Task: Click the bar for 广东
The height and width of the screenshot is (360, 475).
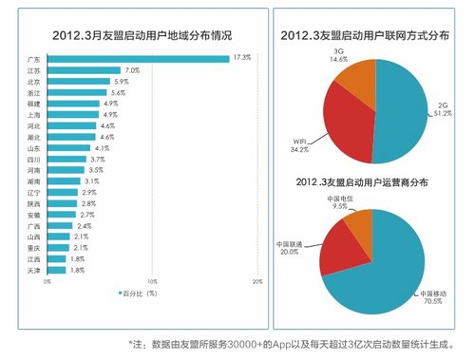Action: (x=138, y=58)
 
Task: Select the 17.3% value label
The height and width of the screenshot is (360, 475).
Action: (x=242, y=58)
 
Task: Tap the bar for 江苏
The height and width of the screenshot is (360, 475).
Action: (x=84, y=70)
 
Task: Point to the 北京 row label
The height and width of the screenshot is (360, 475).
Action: (x=34, y=82)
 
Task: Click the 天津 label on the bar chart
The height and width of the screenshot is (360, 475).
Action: (x=34, y=270)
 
